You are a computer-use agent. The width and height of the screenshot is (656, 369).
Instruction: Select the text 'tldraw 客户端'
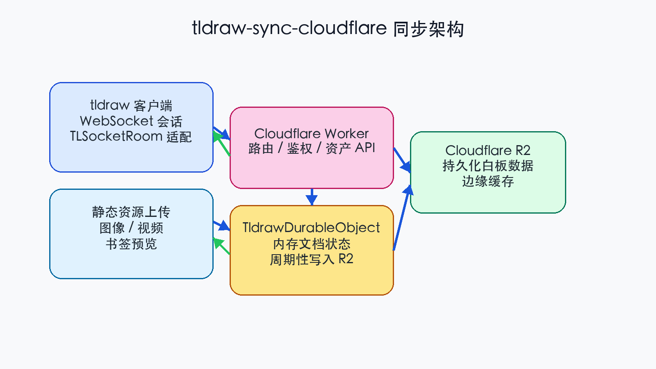coord(131,105)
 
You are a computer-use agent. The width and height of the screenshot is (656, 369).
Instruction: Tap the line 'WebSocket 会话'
coord(131,121)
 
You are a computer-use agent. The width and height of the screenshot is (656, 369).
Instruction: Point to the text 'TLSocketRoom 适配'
coord(131,136)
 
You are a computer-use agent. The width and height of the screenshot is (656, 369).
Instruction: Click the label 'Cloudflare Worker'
coord(312,133)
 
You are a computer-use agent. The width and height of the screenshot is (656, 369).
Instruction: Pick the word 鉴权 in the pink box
coord(299,148)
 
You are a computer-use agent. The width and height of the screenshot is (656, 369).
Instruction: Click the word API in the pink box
coord(365,148)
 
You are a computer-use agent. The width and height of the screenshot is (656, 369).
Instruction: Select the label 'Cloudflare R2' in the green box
coord(488,150)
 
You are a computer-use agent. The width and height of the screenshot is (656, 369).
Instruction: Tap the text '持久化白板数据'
coord(488,166)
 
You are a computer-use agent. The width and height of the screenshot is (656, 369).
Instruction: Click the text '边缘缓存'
coord(488,181)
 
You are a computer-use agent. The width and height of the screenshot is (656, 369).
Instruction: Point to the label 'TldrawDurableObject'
coord(312,228)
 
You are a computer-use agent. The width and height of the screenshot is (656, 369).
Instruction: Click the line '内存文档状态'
coord(312,244)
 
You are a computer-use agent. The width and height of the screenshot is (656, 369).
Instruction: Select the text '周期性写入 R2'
coord(312,259)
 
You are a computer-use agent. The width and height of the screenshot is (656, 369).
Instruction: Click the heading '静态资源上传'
coord(131,212)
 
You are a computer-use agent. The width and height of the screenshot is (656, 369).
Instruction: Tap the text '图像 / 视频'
coord(131,228)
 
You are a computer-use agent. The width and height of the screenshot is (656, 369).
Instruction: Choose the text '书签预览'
coord(131,244)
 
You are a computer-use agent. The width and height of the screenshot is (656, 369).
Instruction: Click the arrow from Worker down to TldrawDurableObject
coord(312,197)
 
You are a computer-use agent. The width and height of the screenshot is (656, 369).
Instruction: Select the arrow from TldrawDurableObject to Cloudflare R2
coord(401,217)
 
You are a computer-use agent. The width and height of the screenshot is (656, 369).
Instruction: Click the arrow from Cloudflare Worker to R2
coord(402,160)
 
